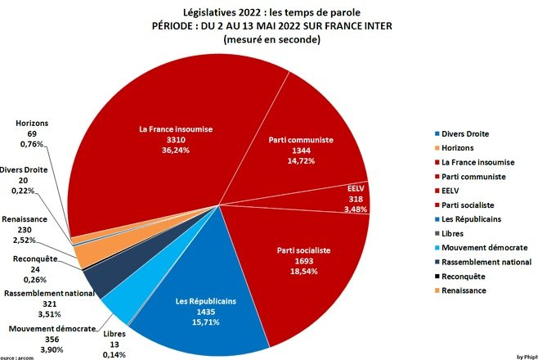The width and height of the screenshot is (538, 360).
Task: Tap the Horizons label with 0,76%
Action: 32,135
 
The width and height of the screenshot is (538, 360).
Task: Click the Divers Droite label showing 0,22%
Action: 25,181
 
